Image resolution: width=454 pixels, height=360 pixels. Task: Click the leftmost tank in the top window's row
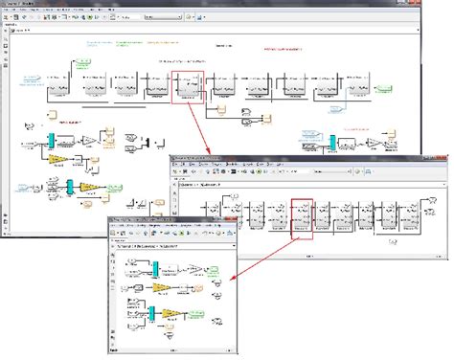click(x=60, y=85)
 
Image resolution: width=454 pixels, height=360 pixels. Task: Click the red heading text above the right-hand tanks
click(x=284, y=50)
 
